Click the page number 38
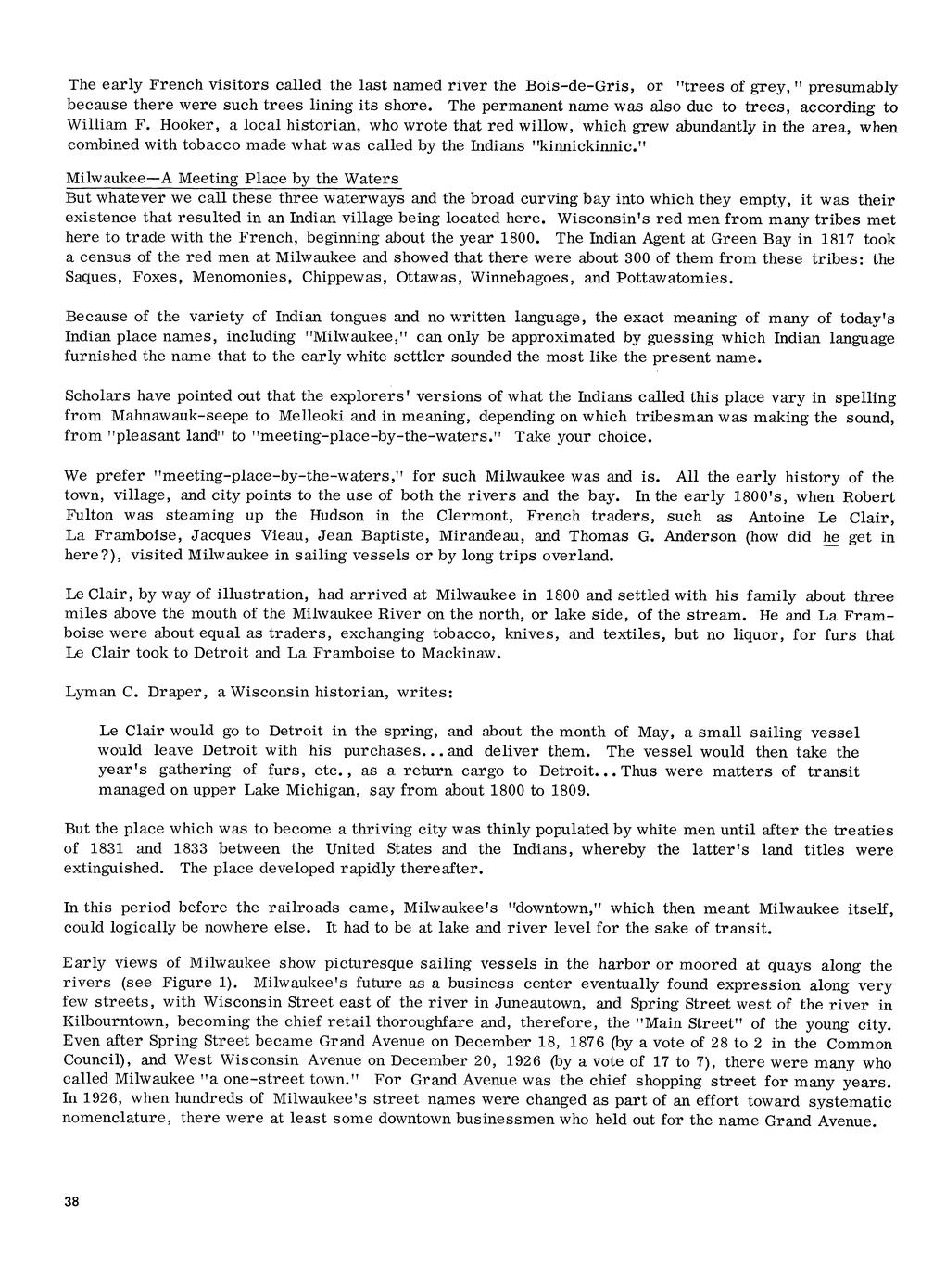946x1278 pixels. (x=72, y=1201)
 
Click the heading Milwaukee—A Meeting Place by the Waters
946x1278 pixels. (x=233, y=178)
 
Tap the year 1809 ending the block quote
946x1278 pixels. (x=567, y=791)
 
